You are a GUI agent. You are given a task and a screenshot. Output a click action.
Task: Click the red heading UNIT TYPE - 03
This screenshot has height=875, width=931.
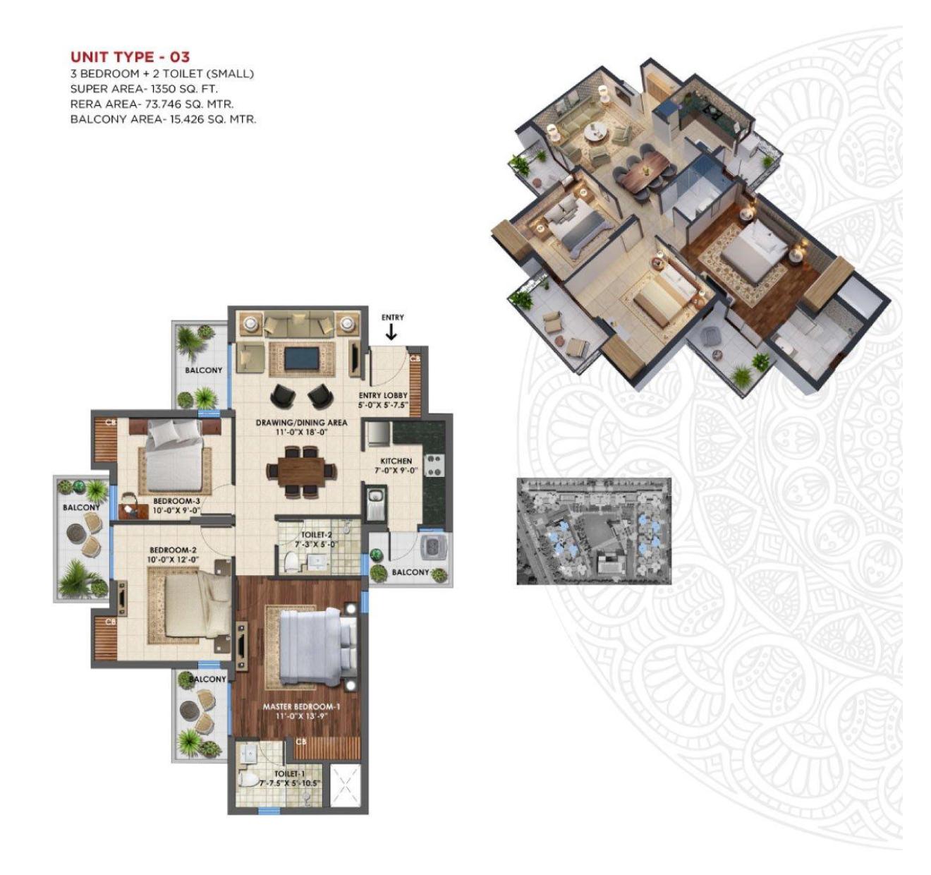click(130, 57)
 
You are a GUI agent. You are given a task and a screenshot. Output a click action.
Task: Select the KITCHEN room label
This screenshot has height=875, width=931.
click(396, 461)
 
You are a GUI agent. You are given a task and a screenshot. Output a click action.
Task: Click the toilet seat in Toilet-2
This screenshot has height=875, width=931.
click(291, 562)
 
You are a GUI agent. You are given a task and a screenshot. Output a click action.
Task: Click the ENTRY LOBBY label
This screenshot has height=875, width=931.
click(383, 395)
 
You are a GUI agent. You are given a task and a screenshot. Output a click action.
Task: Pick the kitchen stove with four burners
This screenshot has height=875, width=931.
click(434, 466)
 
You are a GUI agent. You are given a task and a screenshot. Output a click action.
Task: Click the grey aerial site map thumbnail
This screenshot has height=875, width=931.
click(593, 531)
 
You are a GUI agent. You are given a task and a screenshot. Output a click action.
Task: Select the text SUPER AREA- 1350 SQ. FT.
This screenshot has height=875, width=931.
click(144, 89)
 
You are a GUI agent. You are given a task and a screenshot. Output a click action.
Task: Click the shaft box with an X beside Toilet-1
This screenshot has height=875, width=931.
click(346, 792)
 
